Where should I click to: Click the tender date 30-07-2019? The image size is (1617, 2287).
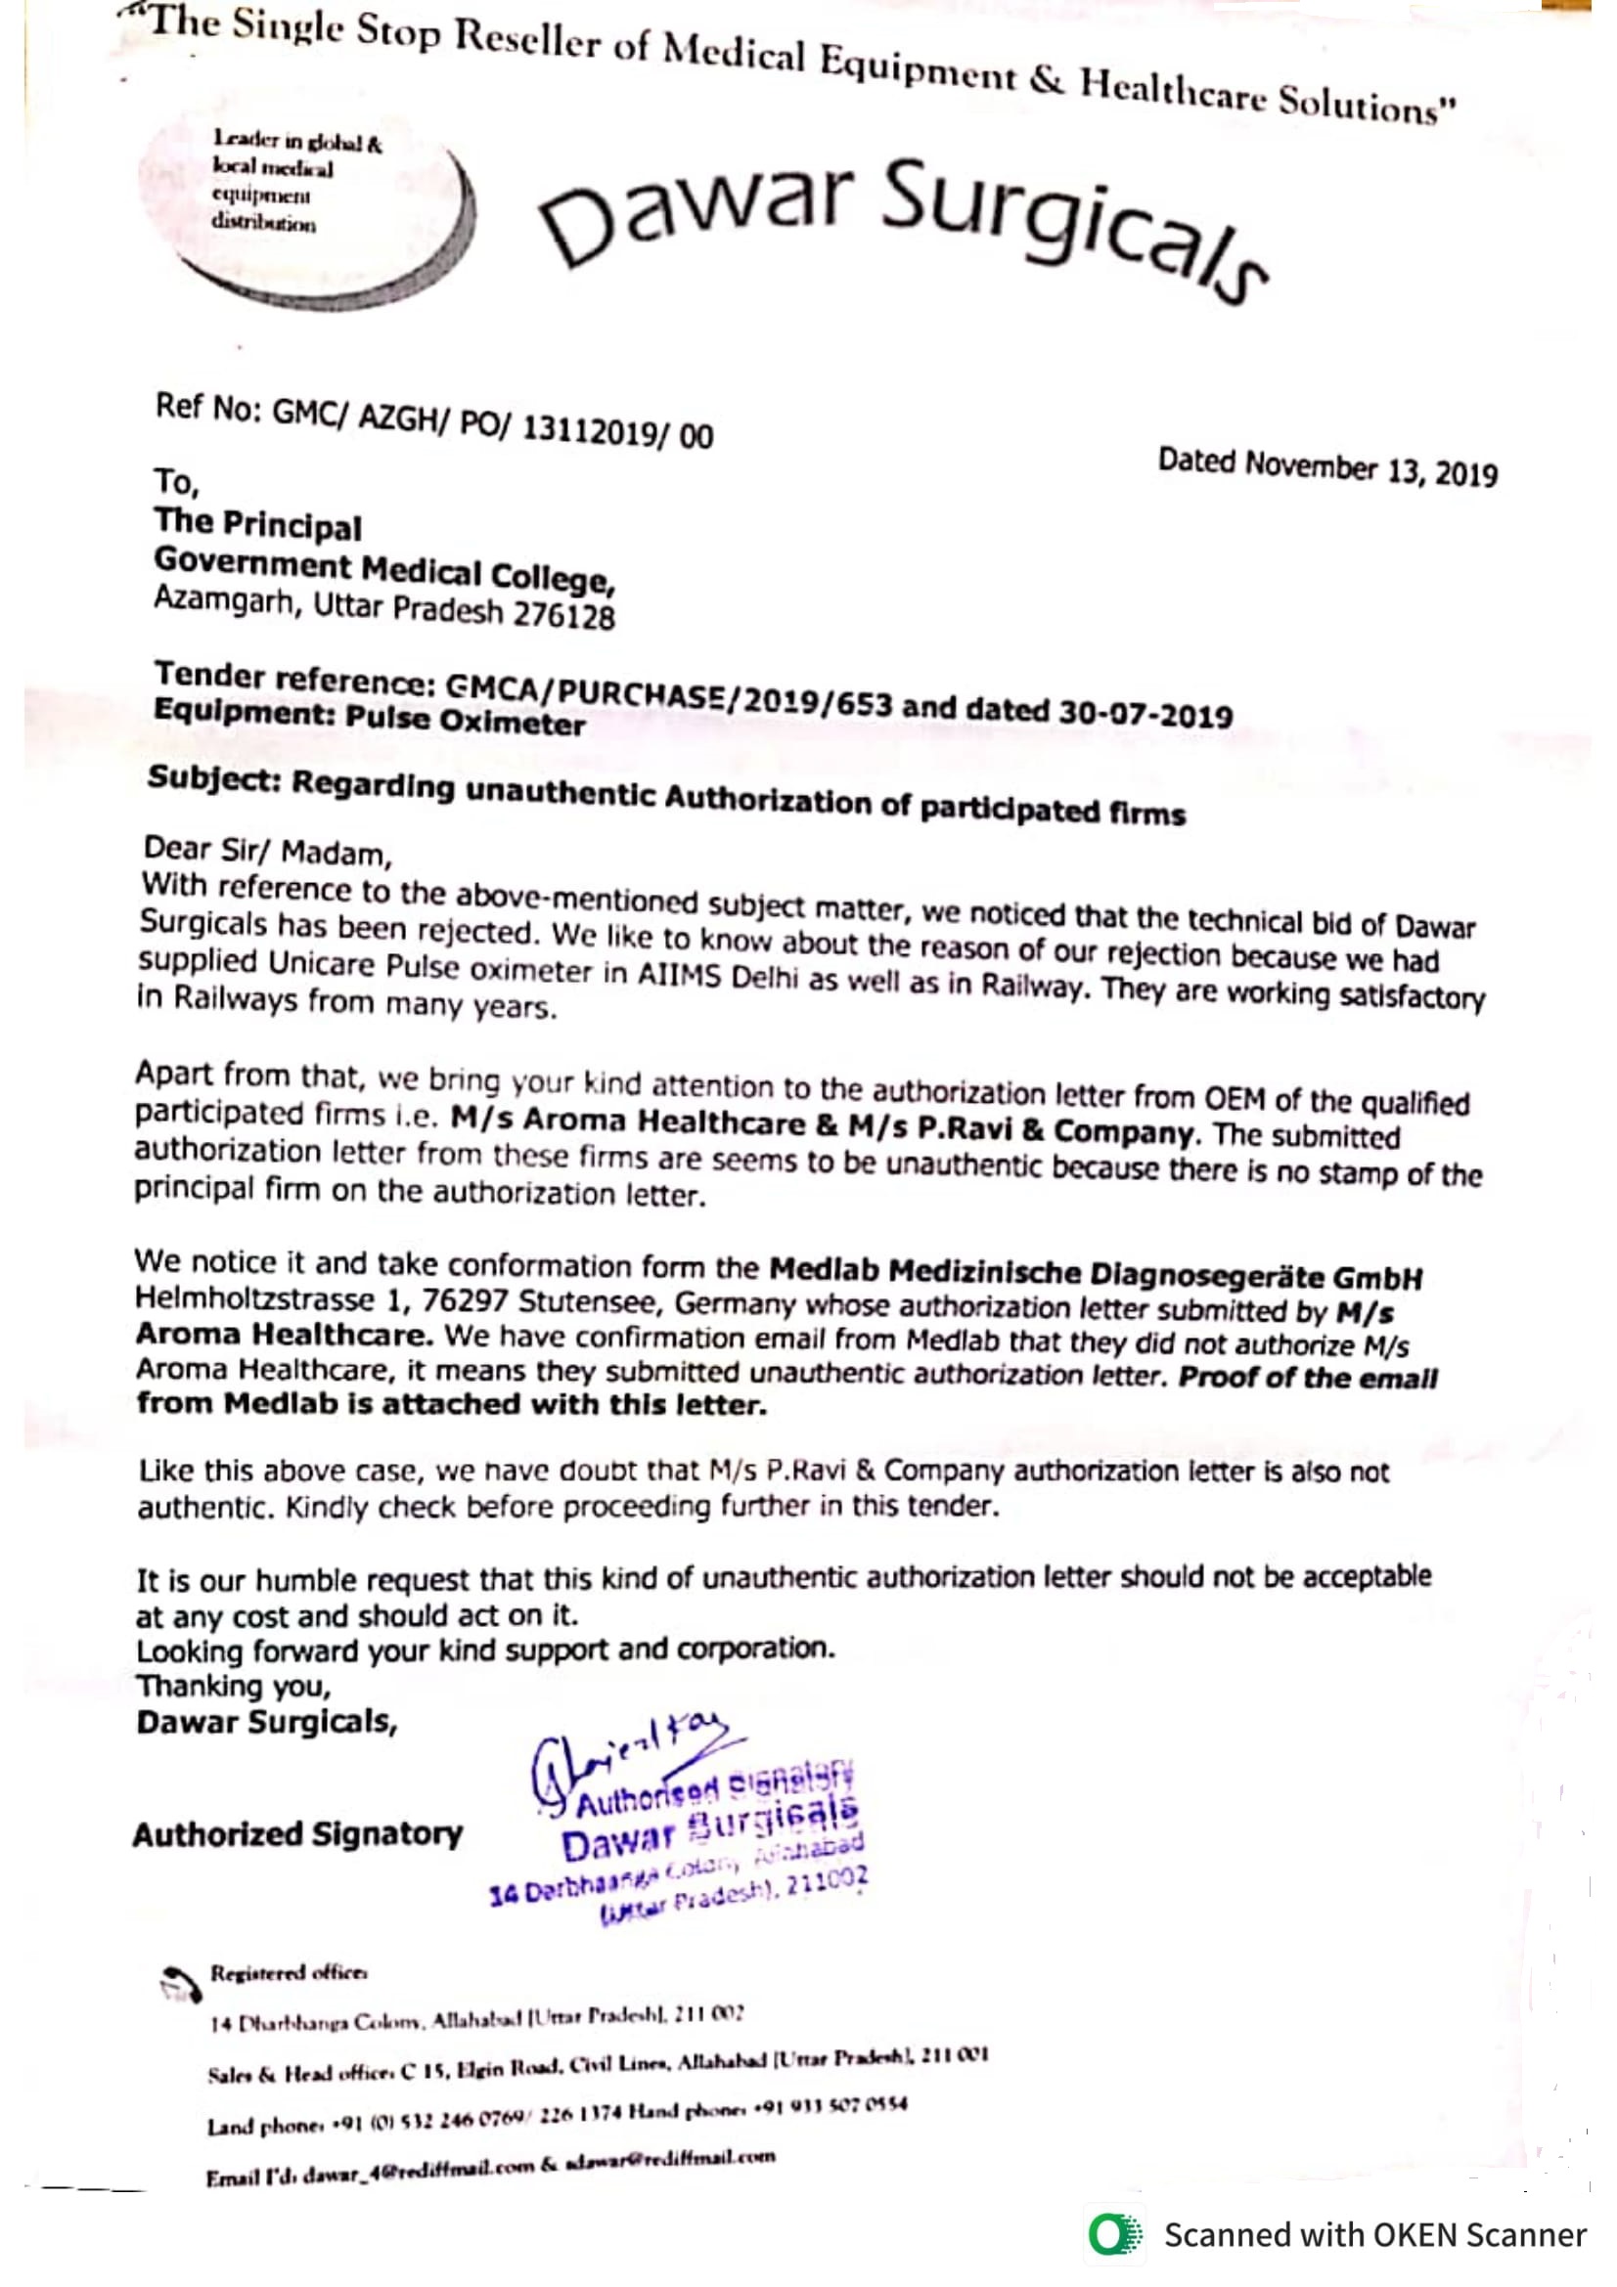click(x=1145, y=713)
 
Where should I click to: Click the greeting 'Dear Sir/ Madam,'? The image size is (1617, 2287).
click(x=268, y=851)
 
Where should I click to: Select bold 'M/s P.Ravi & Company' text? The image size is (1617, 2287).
click(x=1020, y=1129)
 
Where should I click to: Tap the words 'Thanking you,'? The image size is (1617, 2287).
click(x=233, y=1687)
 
